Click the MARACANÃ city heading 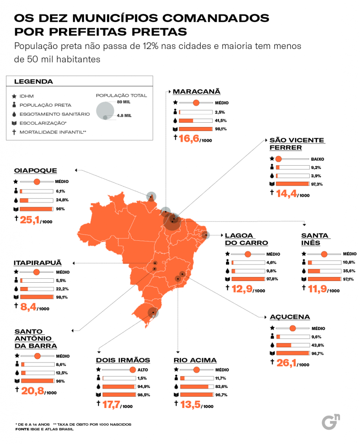[196, 91]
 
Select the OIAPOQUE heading [36, 171]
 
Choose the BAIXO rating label [317, 159]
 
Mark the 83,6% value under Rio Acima [222, 386]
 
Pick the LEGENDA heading [34, 82]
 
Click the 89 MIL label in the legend [124, 102]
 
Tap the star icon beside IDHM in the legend [15, 96]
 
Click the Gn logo [331, 421]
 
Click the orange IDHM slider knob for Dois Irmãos [133, 369]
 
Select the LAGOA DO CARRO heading [246, 239]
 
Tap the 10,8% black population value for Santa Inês [349, 262]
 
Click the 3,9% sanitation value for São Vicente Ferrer [316, 176]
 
